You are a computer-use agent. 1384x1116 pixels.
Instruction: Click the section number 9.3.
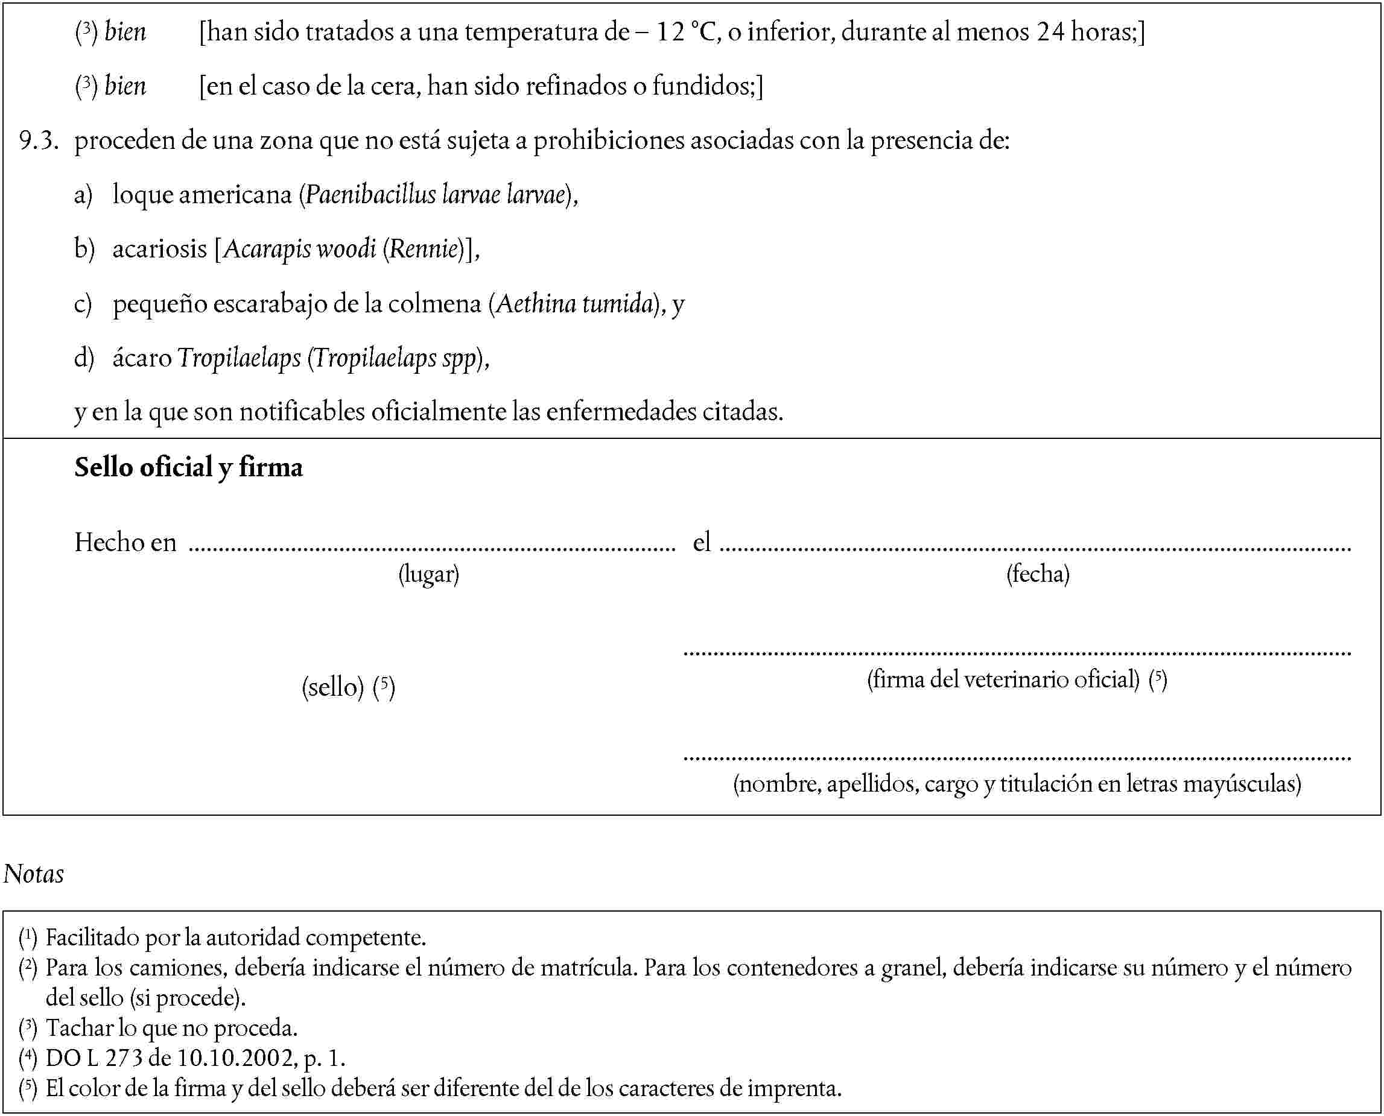39,140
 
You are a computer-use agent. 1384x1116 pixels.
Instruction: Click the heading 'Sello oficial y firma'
188,467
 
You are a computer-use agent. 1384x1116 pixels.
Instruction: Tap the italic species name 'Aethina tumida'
574,303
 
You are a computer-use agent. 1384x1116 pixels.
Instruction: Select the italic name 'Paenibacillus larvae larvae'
436,194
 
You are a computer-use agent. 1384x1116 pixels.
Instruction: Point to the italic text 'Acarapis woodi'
300,249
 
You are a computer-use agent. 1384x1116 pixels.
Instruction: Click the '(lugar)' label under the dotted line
428,573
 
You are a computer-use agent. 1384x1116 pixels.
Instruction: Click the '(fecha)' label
1037,573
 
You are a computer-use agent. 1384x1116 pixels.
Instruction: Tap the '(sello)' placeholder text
333,687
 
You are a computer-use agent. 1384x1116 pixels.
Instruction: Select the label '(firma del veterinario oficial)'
1003,679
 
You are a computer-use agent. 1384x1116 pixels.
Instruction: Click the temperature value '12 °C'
685,32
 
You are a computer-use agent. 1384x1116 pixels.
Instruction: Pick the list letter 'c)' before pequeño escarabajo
83,303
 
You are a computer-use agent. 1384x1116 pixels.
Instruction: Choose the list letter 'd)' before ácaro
84,358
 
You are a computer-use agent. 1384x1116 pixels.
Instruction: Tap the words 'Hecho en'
125,543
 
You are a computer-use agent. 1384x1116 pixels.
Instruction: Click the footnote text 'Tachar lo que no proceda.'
171,1028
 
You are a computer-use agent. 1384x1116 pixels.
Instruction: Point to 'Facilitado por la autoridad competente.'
235,938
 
